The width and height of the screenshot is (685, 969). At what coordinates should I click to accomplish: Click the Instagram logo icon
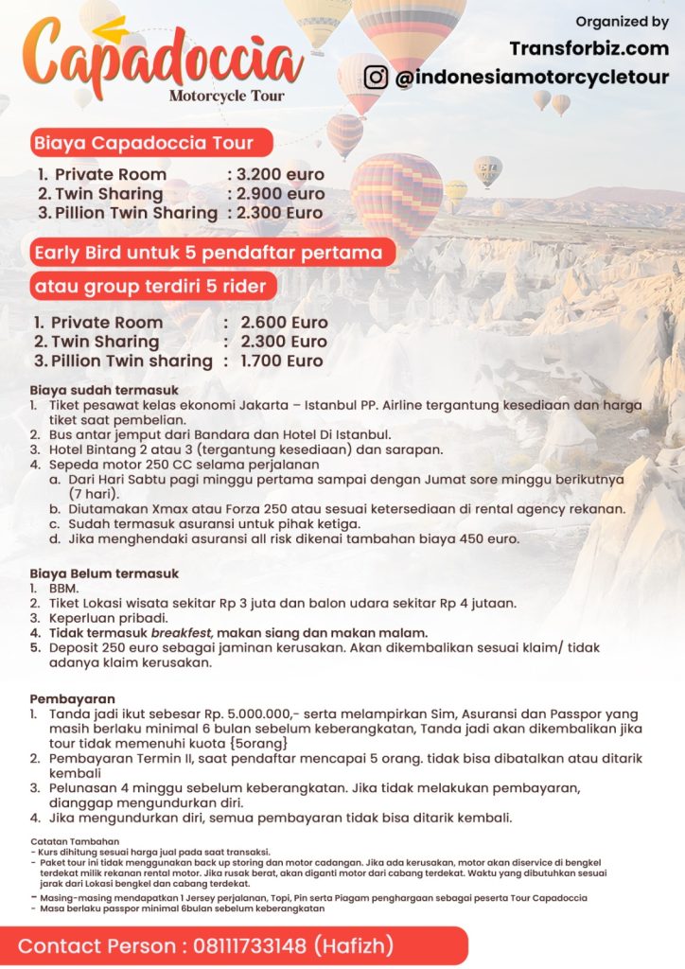(x=376, y=77)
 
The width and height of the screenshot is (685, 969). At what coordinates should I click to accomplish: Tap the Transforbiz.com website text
(x=588, y=47)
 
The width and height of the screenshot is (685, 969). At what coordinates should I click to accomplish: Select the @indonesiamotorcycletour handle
(x=532, y=78)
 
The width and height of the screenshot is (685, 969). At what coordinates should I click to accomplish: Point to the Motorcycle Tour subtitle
(x=226, y=96)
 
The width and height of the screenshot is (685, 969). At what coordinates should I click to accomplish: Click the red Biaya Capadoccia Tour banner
(x=144, y=144)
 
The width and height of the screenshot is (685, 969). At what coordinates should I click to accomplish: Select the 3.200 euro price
(x=280, y=175)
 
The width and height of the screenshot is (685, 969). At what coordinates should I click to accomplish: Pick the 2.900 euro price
(x=280, y=194)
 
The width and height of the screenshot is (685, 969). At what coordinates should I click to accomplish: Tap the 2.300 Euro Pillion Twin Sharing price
(x=280, y=213)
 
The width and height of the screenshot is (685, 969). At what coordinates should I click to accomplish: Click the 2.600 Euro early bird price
(x=284, y=322)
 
